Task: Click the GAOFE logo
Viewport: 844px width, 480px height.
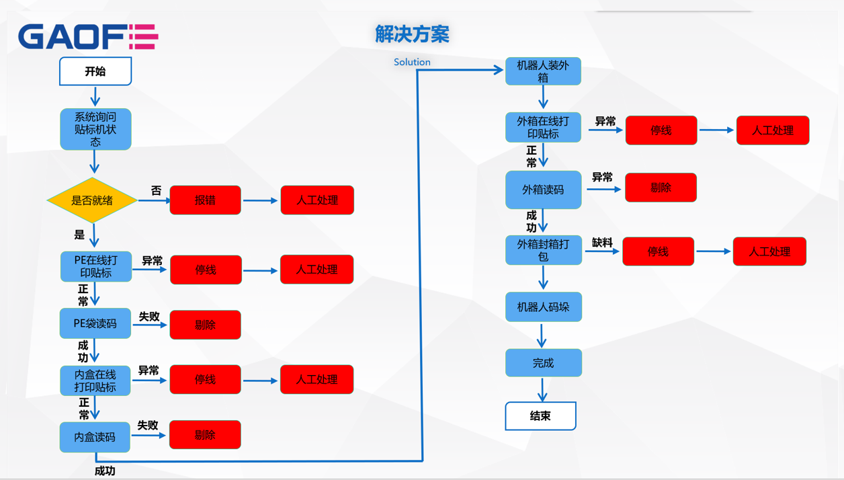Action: (x=88, y=37)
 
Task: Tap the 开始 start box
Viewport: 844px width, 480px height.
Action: (x=95, y=71)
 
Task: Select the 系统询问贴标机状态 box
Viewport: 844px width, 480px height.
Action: (x=95, y=129)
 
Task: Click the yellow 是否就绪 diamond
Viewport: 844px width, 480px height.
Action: (x=92, y=200)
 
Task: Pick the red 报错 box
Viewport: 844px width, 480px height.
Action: (x=205, y=200)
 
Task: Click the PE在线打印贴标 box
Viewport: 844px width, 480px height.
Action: (x=96, y=267)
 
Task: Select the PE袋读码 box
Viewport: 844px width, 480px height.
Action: (x=95, y=323)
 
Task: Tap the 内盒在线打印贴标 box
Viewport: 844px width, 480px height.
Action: (x=95, y=381)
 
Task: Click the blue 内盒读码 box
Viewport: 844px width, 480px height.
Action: (x=95, y=437)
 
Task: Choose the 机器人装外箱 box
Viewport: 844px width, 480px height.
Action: (x=543, y=71)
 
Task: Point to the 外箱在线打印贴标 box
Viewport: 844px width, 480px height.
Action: (x=543, y=127)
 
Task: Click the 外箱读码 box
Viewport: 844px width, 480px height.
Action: (x=543, y=190)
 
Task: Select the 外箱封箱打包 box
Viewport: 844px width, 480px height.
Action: (x=543, y=250)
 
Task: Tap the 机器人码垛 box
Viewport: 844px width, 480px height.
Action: (x=543, y=307)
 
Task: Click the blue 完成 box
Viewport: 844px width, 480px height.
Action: (x=543, y=363)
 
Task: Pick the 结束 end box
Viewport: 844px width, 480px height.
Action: (x=540, y=416)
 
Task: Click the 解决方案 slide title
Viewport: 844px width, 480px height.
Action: (x=412, y=34)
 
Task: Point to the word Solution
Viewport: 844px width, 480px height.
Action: (x=412, y=62)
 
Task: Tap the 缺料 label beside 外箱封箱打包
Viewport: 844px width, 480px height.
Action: (x=602, y=243)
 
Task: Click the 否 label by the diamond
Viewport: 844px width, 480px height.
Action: (x=156, y=191)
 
